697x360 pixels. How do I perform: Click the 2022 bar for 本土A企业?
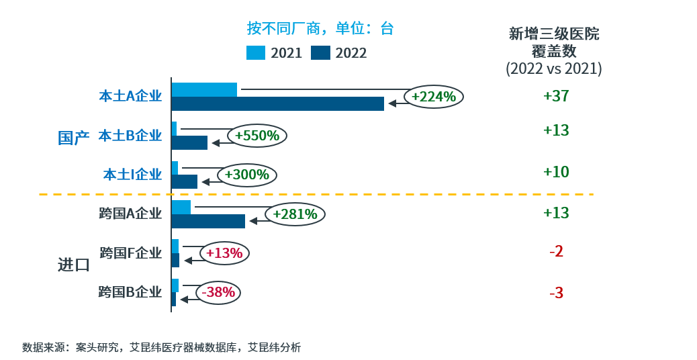tap(277, 103)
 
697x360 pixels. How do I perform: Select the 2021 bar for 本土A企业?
tap(204, 89)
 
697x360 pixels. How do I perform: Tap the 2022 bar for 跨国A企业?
tap(208, 221)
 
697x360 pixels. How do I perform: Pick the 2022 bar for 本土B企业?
tap(189, 142)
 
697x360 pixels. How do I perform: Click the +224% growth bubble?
tap(434, 97)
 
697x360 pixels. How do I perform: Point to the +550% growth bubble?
tap(257, 136)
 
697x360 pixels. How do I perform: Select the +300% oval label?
tap(247, 175)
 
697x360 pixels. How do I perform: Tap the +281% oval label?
tap(295, 214)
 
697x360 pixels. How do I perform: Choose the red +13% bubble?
tap(224, 253)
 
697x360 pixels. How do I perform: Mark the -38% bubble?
tap(218, 292)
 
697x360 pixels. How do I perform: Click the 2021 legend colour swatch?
tap(256, 53)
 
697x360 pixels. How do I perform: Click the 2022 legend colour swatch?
tap(320, 53)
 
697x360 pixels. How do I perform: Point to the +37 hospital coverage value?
tap(556, 96)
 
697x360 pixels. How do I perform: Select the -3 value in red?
tap(556, 293)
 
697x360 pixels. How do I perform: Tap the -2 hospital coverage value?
tap(556, 252)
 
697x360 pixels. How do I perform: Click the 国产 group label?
tap(73, 138)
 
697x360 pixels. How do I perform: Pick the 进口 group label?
tap(73, 265)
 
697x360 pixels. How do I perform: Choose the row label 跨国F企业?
tap(130, 253)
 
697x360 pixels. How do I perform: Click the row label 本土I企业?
tap(132, 175)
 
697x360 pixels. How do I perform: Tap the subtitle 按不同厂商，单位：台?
tap(320, 28)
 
